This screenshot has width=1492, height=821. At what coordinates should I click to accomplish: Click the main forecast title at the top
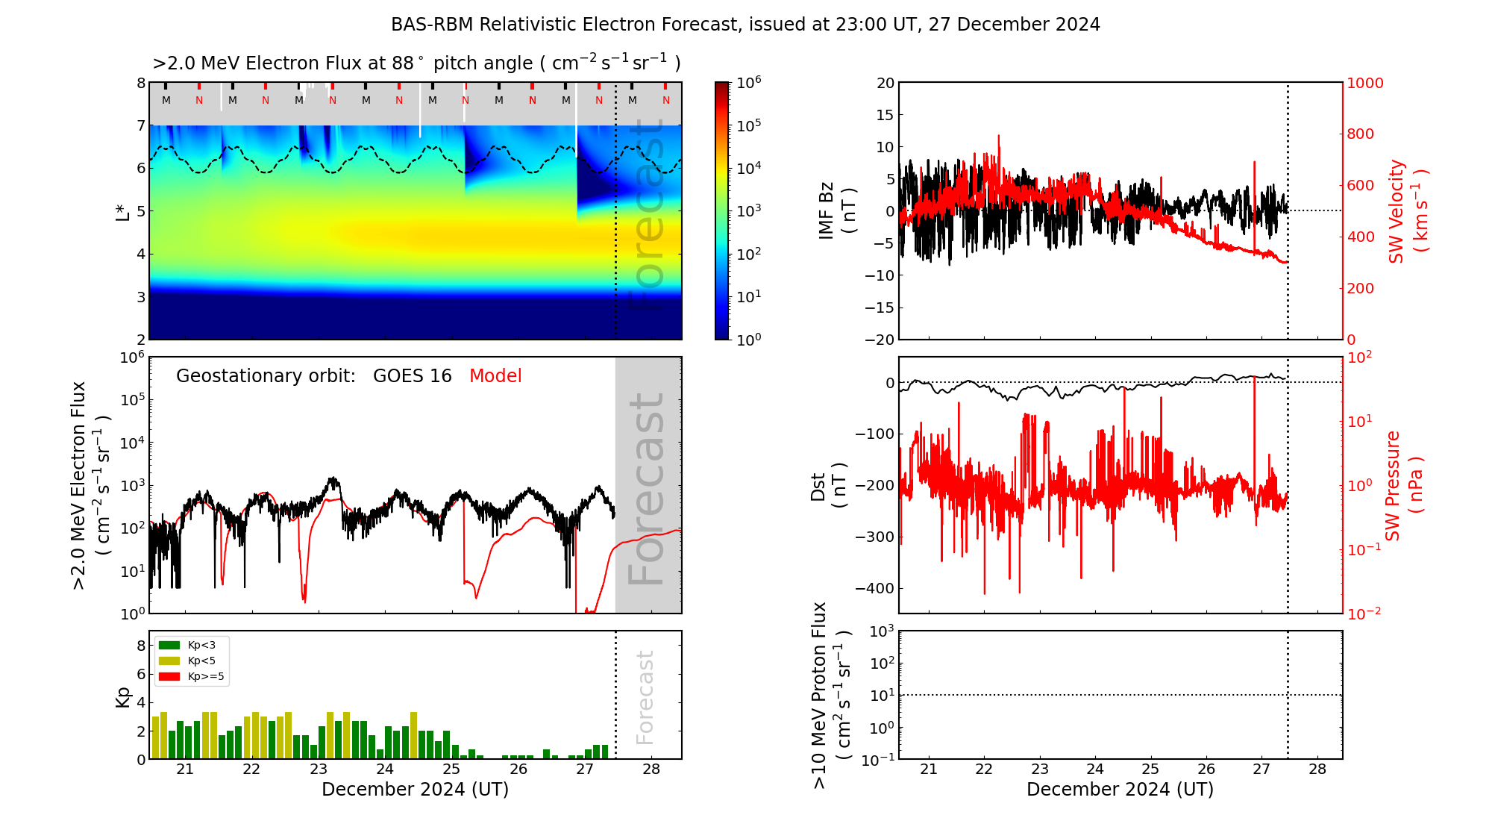[745, 25]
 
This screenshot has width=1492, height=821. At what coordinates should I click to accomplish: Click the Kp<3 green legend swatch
[169, 646]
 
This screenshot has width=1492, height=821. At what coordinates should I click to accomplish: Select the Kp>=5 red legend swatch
[169, 677]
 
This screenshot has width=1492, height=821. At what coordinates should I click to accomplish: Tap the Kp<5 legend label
[201, 661]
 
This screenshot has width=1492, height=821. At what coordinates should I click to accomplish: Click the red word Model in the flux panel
[495, 376]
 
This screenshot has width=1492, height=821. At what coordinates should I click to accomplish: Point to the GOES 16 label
[412, 376]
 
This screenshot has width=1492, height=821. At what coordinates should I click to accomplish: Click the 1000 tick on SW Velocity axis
[1364, 83]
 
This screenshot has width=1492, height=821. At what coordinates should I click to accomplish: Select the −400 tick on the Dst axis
[874, 588]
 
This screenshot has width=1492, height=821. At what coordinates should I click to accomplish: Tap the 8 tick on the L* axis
[140, 83]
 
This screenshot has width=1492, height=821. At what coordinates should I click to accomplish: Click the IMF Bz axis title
[836, 210]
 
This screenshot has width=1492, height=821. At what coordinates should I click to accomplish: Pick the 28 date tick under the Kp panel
[651, 770]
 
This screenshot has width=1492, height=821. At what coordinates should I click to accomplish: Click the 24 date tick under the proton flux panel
[1095, 770]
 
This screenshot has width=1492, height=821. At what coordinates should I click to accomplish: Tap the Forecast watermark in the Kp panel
[645, 697]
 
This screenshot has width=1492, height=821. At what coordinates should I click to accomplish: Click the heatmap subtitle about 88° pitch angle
[416, 63]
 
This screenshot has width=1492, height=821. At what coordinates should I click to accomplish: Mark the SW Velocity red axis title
[1407, 211]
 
